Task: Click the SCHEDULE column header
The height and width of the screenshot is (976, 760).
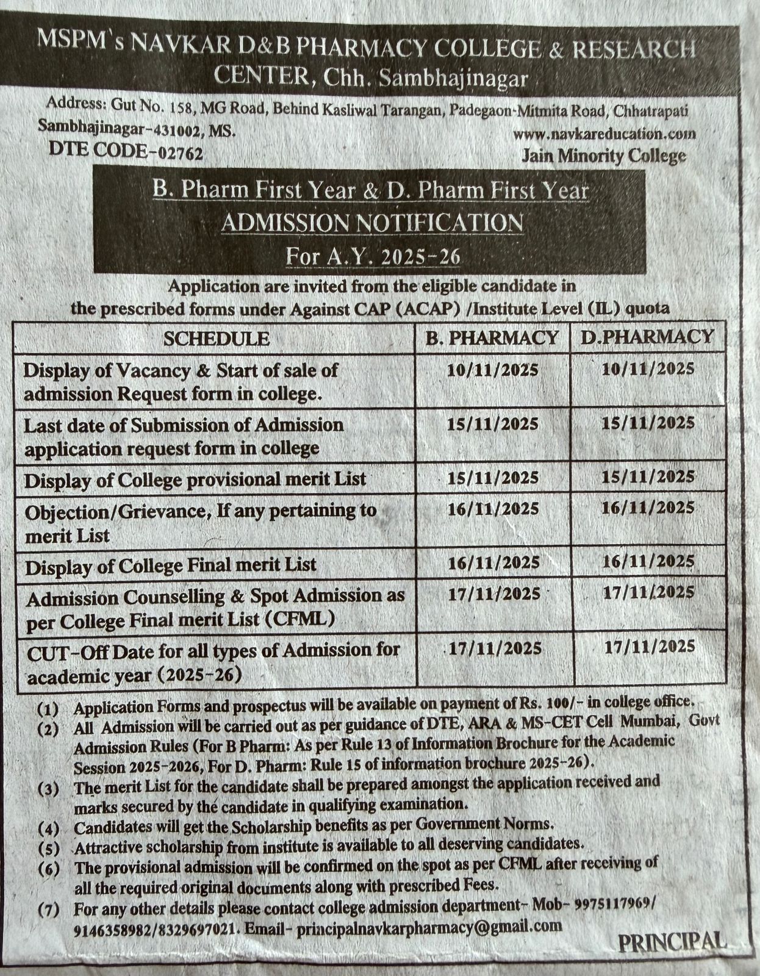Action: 216,339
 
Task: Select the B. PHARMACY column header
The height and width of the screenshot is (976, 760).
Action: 492,337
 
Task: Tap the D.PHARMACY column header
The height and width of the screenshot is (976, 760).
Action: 647,336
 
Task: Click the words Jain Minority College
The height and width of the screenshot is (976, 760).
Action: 603,156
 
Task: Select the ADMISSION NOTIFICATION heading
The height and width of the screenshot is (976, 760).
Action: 371,223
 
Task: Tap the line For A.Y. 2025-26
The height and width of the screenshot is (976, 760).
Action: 373,256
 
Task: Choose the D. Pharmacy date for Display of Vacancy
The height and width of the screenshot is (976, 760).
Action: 648,368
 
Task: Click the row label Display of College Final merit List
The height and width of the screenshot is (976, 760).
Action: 171,565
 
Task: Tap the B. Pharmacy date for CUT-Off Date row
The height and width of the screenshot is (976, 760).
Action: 495,648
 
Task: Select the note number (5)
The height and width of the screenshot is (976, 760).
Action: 48,849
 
